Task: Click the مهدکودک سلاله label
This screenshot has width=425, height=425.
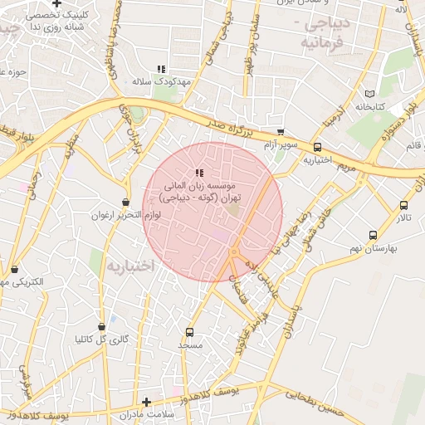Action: (162, 81)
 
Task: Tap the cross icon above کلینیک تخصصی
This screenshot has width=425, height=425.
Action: (56, 4)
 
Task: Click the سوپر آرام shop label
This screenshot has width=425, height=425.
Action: (280, 144)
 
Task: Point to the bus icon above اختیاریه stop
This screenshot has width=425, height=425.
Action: (317, 147)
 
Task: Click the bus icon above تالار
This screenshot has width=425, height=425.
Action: (403, 205)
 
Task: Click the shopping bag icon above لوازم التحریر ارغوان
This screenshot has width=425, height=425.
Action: (125, 202)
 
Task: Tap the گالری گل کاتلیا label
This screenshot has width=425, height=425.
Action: (101, 339)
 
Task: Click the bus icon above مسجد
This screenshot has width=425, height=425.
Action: (189, 332)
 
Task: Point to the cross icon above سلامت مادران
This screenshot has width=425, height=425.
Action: (147, 402)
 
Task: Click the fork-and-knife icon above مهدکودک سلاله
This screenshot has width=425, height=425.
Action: (161, 69)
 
